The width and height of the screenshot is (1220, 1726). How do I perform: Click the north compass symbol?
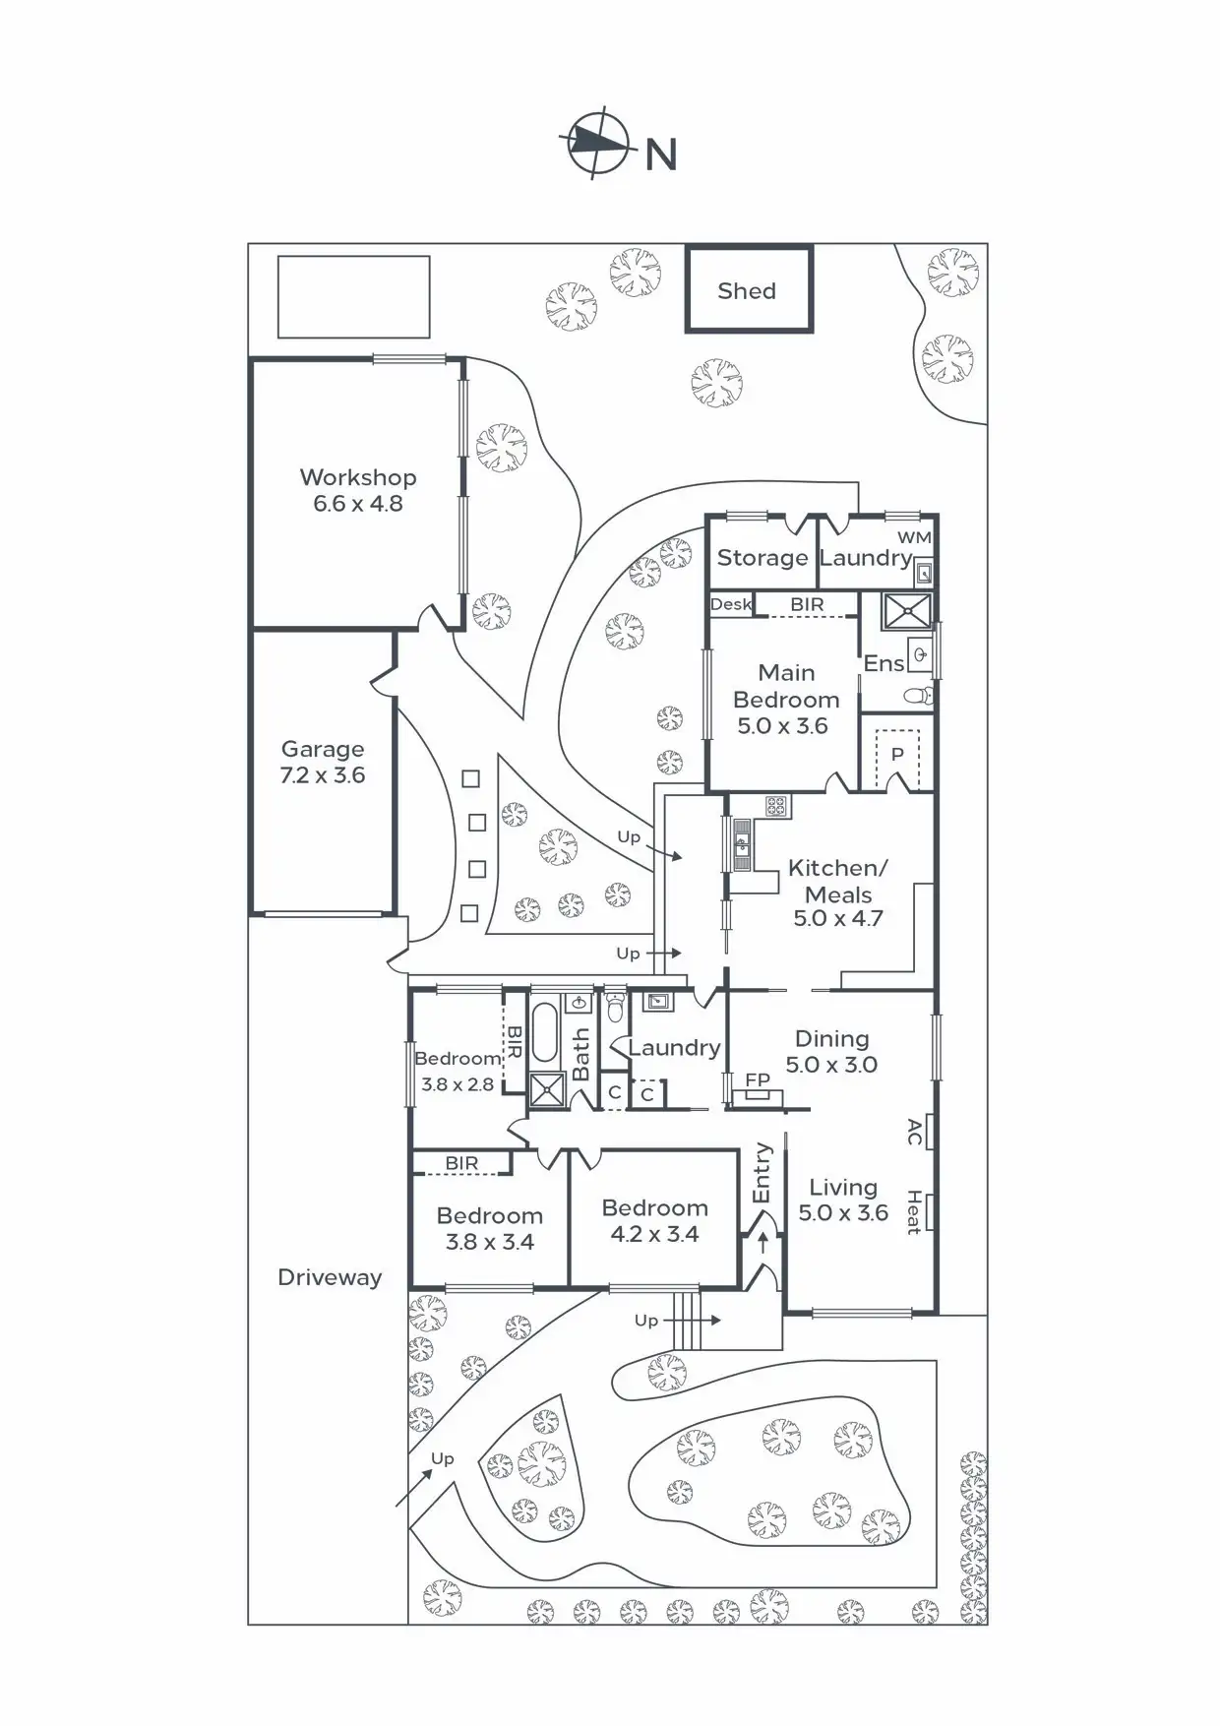596,144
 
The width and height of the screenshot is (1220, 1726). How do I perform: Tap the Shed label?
747,291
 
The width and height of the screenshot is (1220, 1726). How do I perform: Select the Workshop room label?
358,477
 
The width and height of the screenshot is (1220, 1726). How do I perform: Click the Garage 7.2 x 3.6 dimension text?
323,775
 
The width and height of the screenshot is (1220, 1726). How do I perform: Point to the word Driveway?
330,1277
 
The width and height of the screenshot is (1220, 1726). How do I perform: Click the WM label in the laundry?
914,537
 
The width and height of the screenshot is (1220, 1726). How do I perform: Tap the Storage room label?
762,558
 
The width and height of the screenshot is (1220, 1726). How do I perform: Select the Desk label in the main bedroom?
731,604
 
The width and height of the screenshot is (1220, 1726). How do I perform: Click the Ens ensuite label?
884,664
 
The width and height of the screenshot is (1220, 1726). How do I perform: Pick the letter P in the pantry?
897,756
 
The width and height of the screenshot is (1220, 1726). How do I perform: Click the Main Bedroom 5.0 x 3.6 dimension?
783,726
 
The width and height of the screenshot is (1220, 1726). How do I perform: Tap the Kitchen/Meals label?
838,881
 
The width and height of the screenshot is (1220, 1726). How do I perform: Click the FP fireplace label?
758,1079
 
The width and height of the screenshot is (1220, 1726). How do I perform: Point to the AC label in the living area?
914,1132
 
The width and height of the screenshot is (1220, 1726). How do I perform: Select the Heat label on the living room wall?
914,1212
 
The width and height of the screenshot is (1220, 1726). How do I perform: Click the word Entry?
762,1172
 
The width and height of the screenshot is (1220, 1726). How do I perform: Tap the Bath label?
580,1055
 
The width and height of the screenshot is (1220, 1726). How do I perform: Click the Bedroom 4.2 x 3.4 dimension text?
655,1235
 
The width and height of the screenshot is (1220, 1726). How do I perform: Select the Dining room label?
832,1039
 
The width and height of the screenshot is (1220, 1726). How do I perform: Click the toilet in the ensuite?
917,696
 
